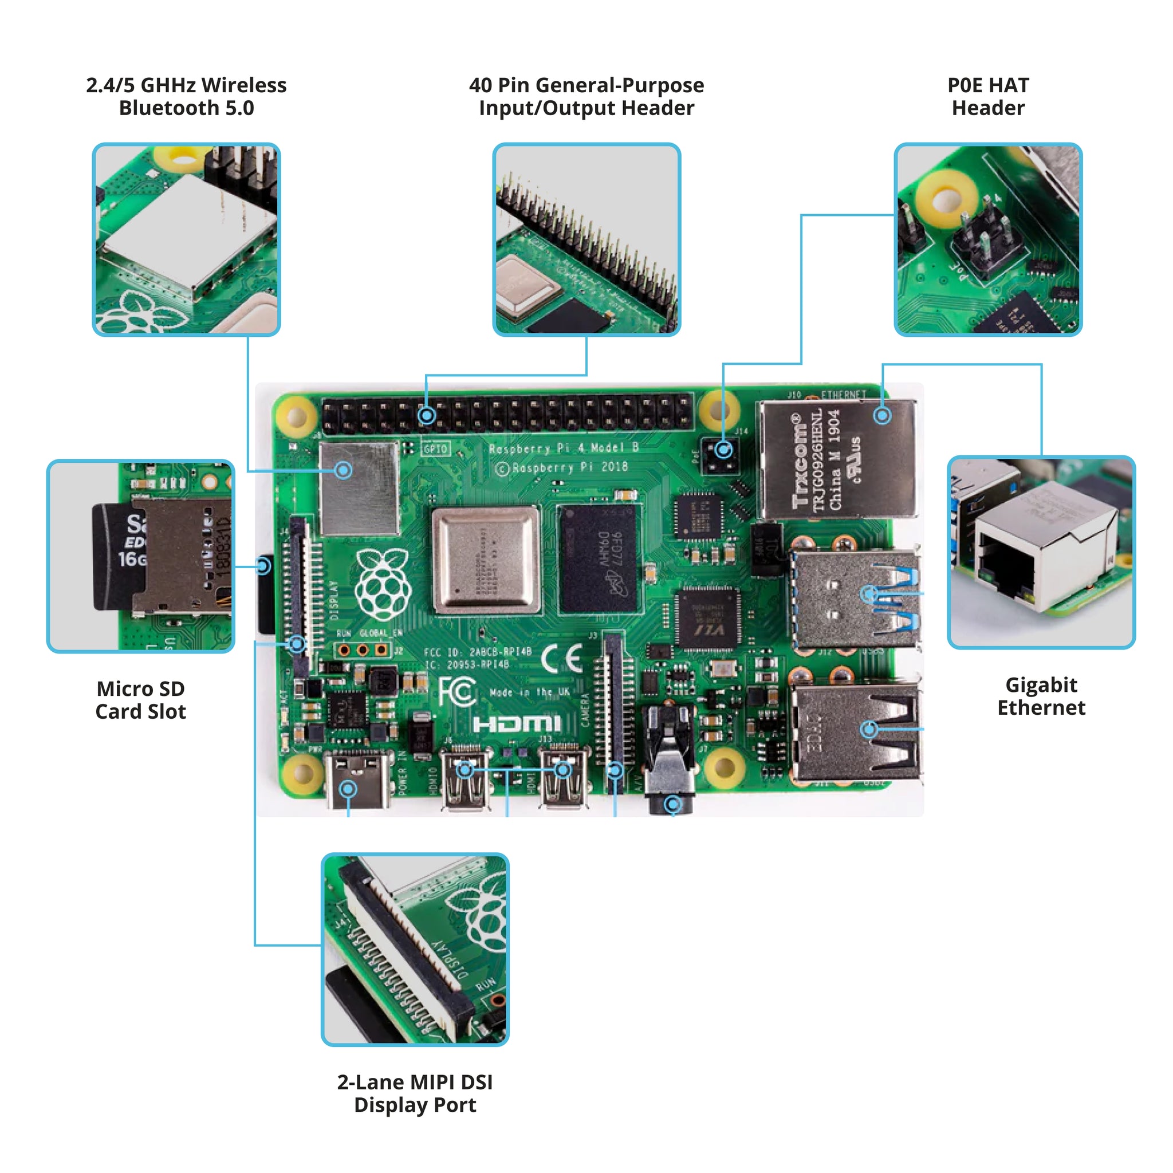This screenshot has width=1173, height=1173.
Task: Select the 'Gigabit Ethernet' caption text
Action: coord(1041,696)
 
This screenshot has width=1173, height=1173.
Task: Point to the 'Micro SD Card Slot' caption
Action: coord(140,699)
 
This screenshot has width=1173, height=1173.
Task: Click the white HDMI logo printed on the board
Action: coord(516,724)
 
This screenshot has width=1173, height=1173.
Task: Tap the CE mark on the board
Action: coord(562,658)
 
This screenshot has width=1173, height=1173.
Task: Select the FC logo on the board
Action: coord(456,692)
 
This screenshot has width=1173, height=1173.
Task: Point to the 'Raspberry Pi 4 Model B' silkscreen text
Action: coord(564,448)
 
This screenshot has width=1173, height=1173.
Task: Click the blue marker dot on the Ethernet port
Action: coord(882,415)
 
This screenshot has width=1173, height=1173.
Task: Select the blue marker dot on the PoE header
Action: coord(722,450)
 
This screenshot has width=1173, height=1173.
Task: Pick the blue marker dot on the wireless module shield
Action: coord(344,470)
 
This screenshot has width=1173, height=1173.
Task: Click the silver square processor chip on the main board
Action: coord(486,560)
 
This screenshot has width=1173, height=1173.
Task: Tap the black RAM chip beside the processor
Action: coord(599,559)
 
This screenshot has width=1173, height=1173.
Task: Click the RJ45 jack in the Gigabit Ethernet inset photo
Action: coord(1008,565)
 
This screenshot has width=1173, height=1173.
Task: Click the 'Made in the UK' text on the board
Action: coord(529,692)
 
